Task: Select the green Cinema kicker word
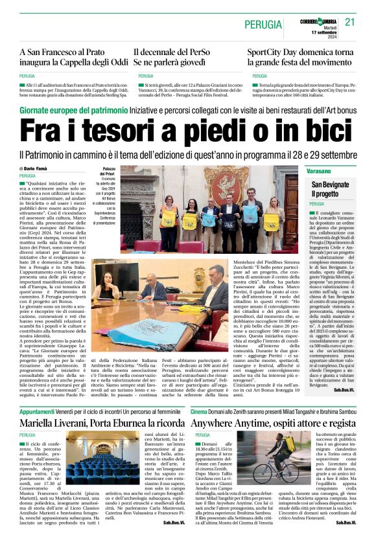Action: pyautogui.click(x=199, y=411)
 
